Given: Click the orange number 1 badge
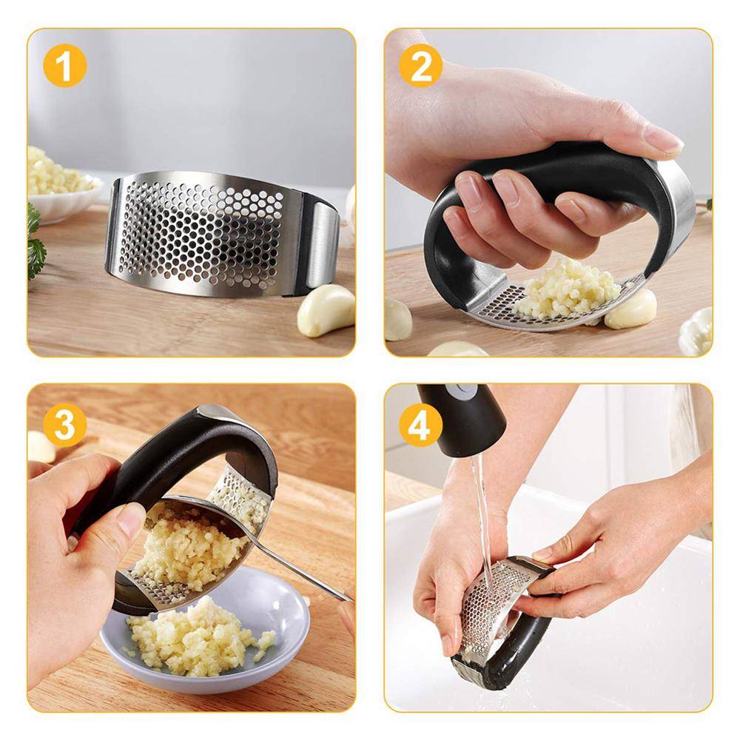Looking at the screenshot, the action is [x=64, y=65].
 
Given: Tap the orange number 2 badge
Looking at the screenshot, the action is [x=420, y=65].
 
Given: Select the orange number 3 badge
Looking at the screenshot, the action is [x=64, y=425].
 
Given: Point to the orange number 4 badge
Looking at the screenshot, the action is [x=420, y=425].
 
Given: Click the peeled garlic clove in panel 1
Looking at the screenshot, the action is [x=326, y=310].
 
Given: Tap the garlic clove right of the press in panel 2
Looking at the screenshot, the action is [x=630, y=309].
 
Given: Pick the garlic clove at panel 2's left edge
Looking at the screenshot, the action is [x=398, y=320].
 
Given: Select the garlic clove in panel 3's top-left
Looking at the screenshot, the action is [x=41, y=447].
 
